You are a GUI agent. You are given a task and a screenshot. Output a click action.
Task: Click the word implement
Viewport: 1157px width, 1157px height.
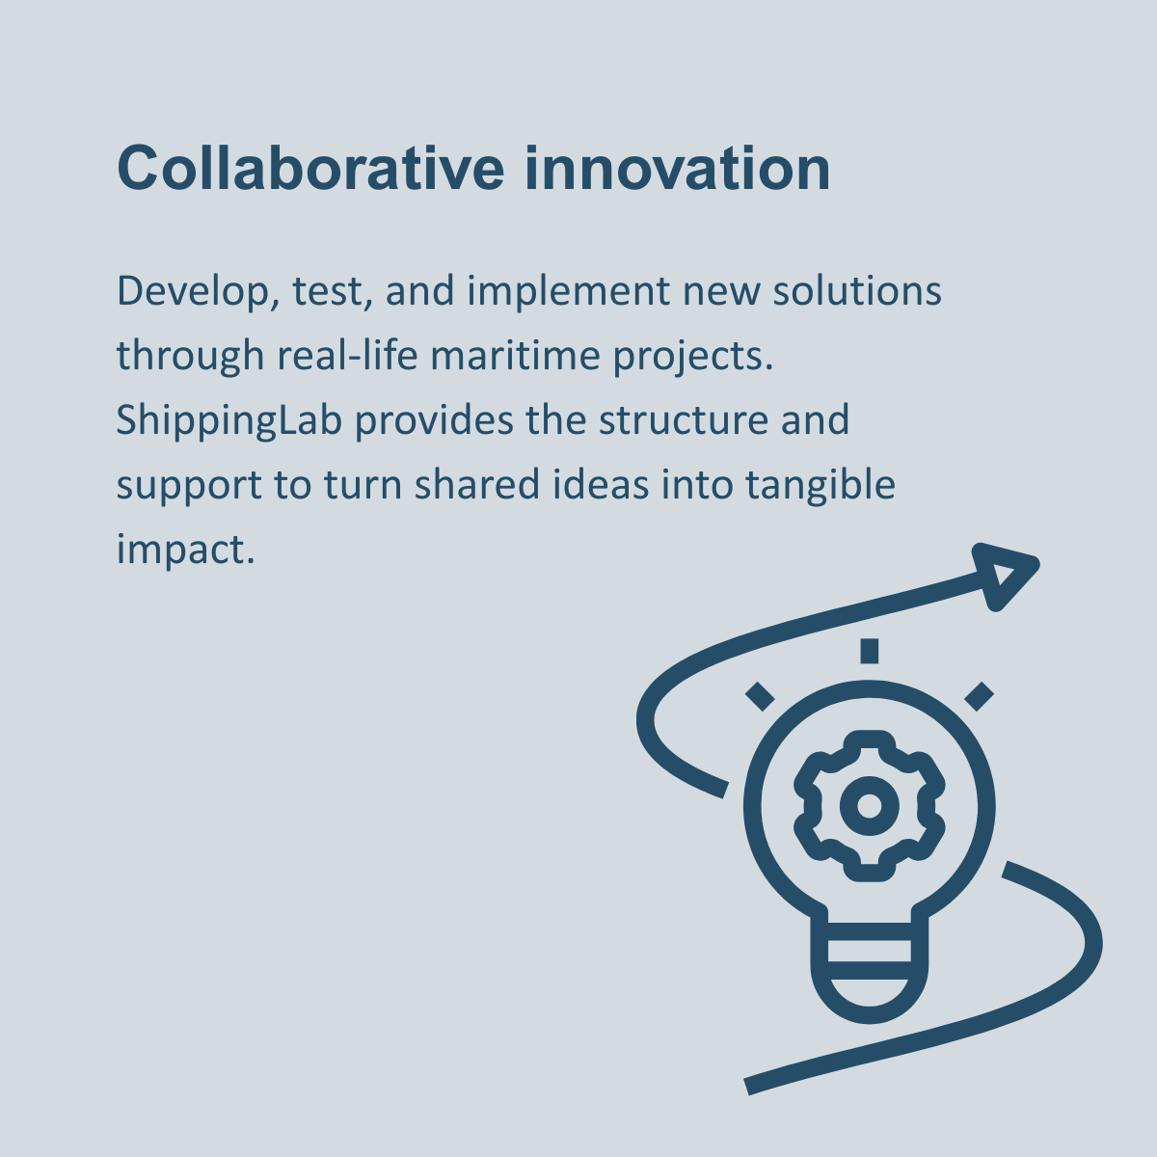[568, 292]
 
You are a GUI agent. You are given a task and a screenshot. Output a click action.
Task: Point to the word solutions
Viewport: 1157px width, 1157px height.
[857, 291]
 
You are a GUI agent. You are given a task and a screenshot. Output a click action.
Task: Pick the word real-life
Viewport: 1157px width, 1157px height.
[347, 355]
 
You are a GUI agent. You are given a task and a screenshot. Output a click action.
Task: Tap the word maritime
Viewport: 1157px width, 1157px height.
[515, 355]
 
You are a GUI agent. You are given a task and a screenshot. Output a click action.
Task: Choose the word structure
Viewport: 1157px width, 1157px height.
[684, 420]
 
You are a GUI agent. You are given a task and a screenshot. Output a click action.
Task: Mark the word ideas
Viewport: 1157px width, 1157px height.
[601, 484]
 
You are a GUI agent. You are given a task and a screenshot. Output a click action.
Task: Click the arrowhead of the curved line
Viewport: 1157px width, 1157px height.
[1003, 576]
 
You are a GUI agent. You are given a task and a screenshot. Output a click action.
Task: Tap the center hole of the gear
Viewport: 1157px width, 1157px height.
[869, 806]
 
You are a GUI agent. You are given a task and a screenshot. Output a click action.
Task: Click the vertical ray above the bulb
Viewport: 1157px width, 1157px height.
[869, 652]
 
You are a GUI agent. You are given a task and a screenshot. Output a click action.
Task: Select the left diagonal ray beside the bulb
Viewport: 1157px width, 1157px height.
[760, 696]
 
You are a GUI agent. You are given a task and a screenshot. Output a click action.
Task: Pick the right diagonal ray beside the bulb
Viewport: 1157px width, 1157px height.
[979, 696]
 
